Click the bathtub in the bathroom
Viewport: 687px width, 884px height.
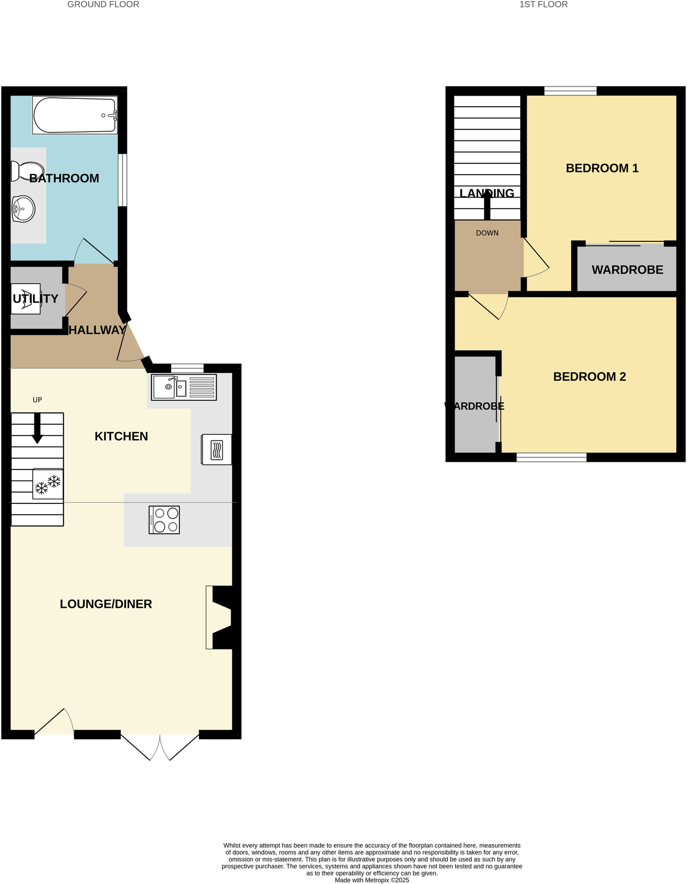74,115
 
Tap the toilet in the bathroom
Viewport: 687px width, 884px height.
26,171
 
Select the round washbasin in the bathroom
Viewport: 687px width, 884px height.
23,209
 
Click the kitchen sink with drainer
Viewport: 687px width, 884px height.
184,387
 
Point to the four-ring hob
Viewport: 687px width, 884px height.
164,520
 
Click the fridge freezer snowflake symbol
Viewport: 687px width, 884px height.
48,485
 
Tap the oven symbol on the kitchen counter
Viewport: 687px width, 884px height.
217,449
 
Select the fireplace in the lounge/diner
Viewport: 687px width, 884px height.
221,617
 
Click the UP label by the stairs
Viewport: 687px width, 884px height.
37,400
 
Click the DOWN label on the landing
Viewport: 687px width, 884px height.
487,233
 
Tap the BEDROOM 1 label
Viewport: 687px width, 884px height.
602,168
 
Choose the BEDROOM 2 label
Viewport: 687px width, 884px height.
589,376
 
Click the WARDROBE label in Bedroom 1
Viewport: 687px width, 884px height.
627,270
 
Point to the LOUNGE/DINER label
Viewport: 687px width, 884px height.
106,604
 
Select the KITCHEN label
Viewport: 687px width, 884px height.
121,436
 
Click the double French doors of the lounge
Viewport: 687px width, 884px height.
160,747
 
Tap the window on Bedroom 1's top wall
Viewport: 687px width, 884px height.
570,91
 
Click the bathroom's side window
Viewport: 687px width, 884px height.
123,180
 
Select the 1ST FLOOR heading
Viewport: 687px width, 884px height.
543,5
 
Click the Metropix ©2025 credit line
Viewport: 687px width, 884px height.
372,880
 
